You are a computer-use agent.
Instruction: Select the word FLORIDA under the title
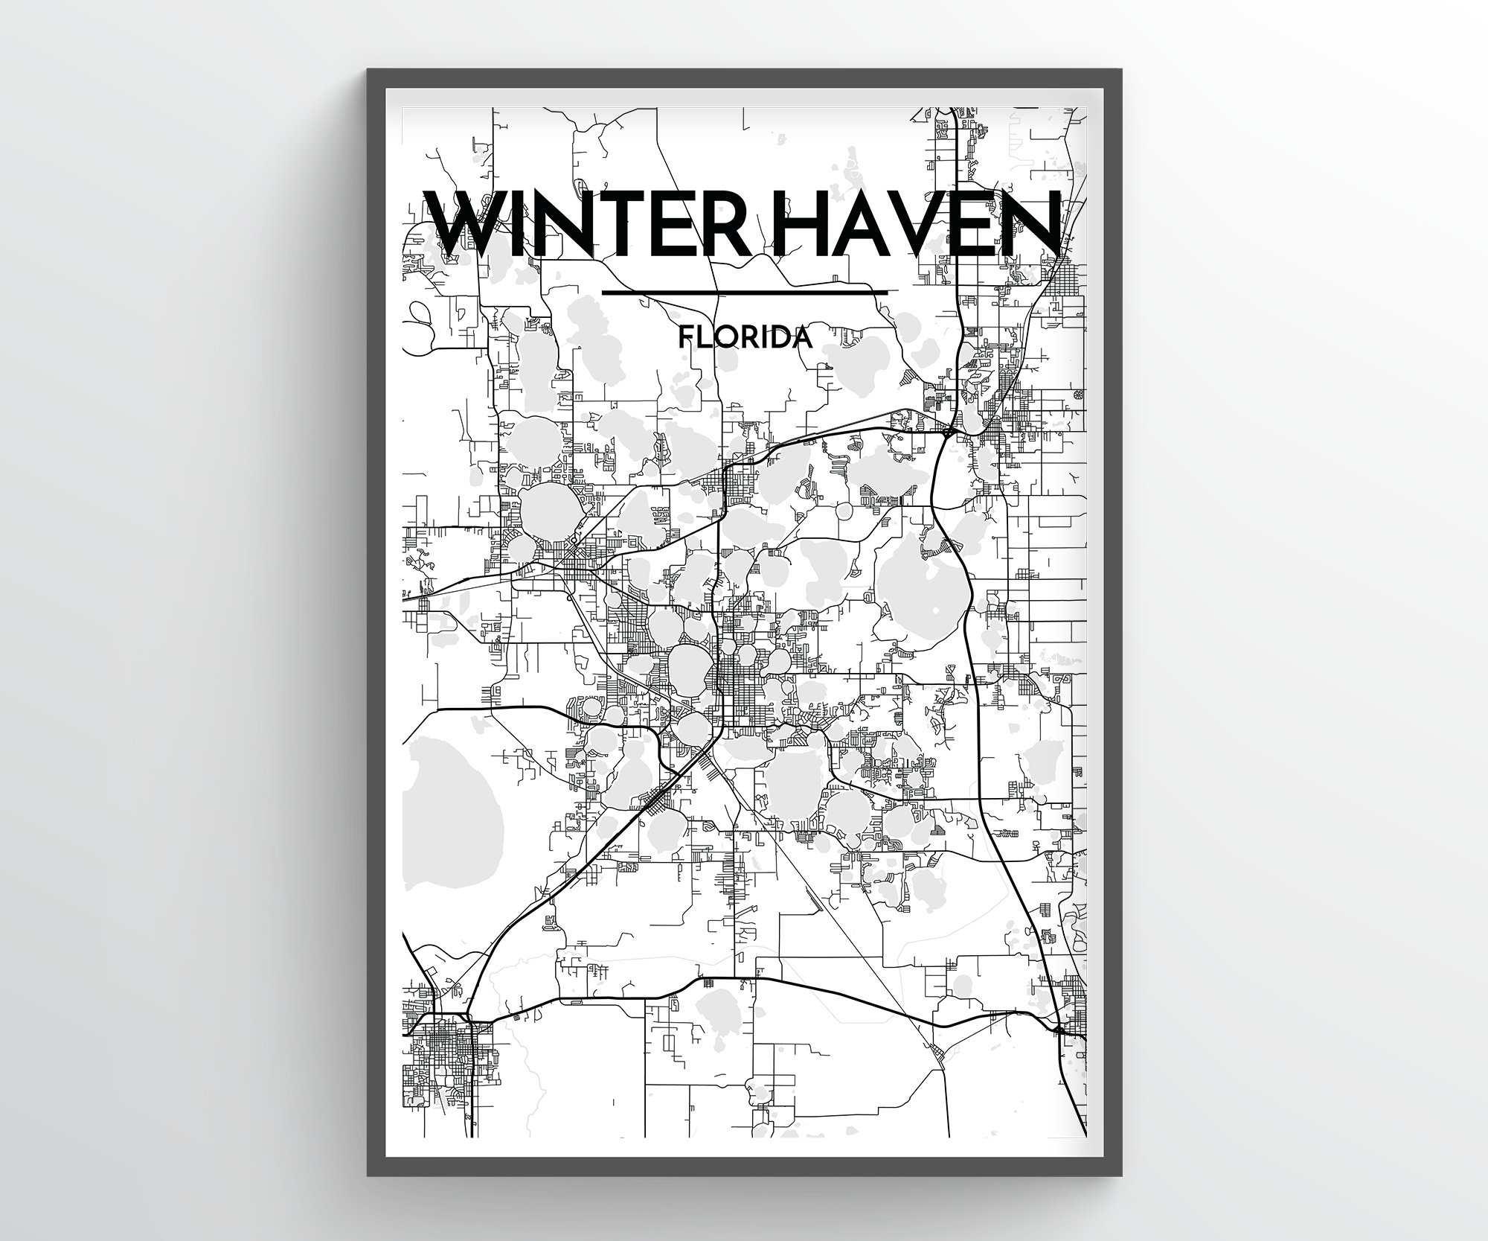coord(744,339)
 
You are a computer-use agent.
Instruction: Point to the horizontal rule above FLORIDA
coord(744,293)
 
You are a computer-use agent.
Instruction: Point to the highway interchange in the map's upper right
coord(949,431)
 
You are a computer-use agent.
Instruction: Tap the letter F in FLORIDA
coord(686,339)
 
